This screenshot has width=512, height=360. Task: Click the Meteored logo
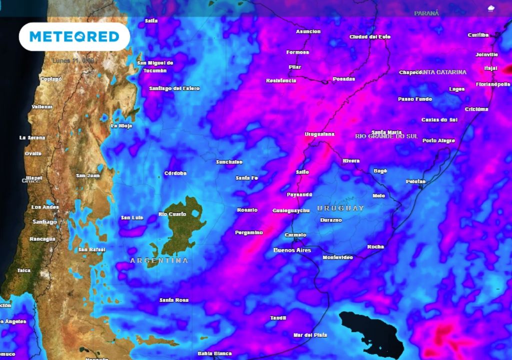pyautogui.click(x=74, y=36)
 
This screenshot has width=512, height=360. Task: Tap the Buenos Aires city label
pyautogui.click(x=292, y=250)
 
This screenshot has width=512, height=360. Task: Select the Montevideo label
pyautogui.click(x=337, y=257)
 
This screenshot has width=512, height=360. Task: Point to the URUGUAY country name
pyautogui.click(x=341, y=208)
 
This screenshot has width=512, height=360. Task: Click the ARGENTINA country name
pyautogui.click(x=159, y=260)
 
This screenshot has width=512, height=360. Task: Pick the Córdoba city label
pyautogui.click(x=175, y=173)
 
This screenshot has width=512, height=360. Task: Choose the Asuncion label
pyautogui.click(x=308, y=31)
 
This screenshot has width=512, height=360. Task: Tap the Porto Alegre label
pyautogui.click(x=438, y=141)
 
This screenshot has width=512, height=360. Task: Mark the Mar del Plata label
pyautogui.click(x=310, y=335)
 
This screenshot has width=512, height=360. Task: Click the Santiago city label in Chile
pyautogui.click(x=44, y=221)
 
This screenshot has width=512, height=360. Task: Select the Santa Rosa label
pyautogui.click(x=174, y=300)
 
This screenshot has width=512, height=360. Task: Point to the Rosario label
pyautogui.click(x=247, y=210)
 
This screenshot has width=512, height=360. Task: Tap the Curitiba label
pyautogui.click(x=478, y=35)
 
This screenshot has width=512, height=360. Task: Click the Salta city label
pyautogui.click(x=151, y=21)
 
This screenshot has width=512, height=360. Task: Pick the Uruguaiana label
pyautogui.click(x=319, y=134)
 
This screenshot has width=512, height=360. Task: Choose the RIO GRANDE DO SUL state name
pyautogui.click(x=386, y=136)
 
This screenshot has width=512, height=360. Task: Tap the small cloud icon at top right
pyautogui.click(x=490, y=8)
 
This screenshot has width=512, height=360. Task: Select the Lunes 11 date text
pyautogui.click(x=73, y=60)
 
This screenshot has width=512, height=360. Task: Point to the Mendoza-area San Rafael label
pyautogui.click(x=91, y=249)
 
